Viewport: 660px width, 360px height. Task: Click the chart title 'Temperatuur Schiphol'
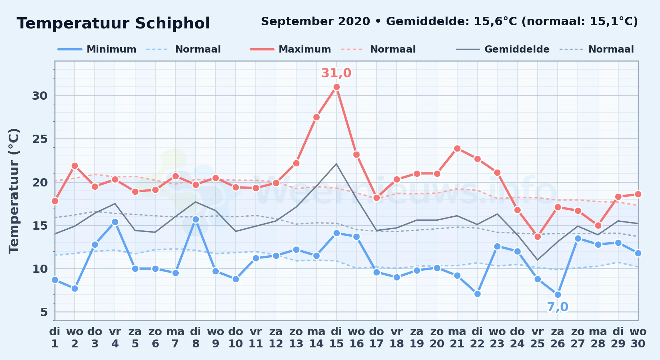(x=113, y=23)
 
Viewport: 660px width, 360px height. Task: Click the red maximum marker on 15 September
(x=336, y=87)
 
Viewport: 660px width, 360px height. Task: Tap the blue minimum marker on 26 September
(x=558, y=294)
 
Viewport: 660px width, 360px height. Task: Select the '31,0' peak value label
(x=336, y=73)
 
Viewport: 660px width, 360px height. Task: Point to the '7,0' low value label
(x=558, y=307)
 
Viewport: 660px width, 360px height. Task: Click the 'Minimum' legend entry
(x=97, y=49)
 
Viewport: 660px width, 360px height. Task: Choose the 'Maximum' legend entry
(x=290, y=49)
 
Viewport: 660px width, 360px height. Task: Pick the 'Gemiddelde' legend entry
(x=503, y=49)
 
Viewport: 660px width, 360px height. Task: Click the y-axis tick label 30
(x=40, y=96)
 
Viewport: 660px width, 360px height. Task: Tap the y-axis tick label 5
(x=44, y=312)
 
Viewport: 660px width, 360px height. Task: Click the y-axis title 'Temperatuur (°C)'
(x=14, y=191)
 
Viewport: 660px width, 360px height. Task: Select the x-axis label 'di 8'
(x=196, y=337)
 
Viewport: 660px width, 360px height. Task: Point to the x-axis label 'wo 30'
(x=638, y=337)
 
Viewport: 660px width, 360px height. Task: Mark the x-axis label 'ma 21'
(x=457, y=337)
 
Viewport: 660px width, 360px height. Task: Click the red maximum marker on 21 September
(x=457, y=148)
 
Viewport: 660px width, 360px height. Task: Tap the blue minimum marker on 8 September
(x=196, y=219)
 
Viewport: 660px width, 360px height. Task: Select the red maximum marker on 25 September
(x=538, y=237)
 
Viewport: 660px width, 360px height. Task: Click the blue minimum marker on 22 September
(x=477, y=294)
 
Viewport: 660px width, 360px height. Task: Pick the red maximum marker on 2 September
(x=75, y=166)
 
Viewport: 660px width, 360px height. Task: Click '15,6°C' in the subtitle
(x=495, y=22)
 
